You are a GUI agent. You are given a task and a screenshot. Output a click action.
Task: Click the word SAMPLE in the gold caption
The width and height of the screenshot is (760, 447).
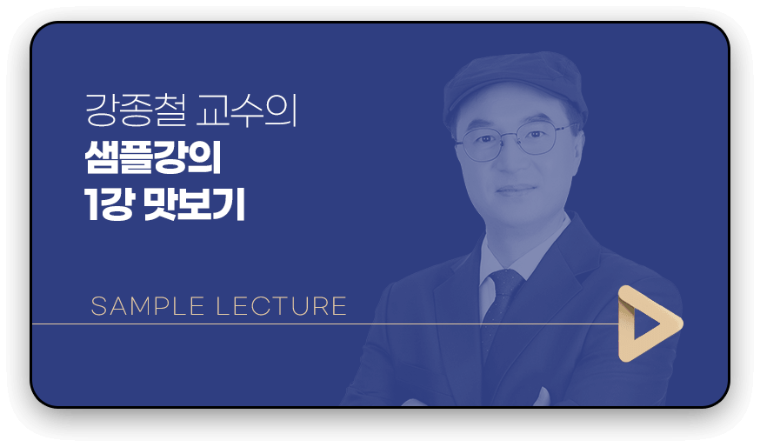click(147, 306)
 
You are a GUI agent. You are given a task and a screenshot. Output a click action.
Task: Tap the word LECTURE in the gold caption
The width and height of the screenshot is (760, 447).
click(281, 306)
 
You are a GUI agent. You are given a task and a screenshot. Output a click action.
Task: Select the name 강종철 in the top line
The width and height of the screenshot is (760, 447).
click(136, 111)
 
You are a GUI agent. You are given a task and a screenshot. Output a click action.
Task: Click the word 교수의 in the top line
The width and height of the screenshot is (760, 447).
click(247, 111)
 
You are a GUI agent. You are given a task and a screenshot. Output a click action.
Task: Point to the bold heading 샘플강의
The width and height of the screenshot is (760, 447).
click(153, 157)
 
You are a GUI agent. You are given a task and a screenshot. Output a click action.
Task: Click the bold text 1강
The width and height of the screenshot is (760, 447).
click(109, 204)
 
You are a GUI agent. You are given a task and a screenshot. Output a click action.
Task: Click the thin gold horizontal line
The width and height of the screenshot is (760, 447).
click(325, 324)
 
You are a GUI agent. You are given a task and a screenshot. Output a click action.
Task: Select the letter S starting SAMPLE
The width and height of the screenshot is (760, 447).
click(98, 306)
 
